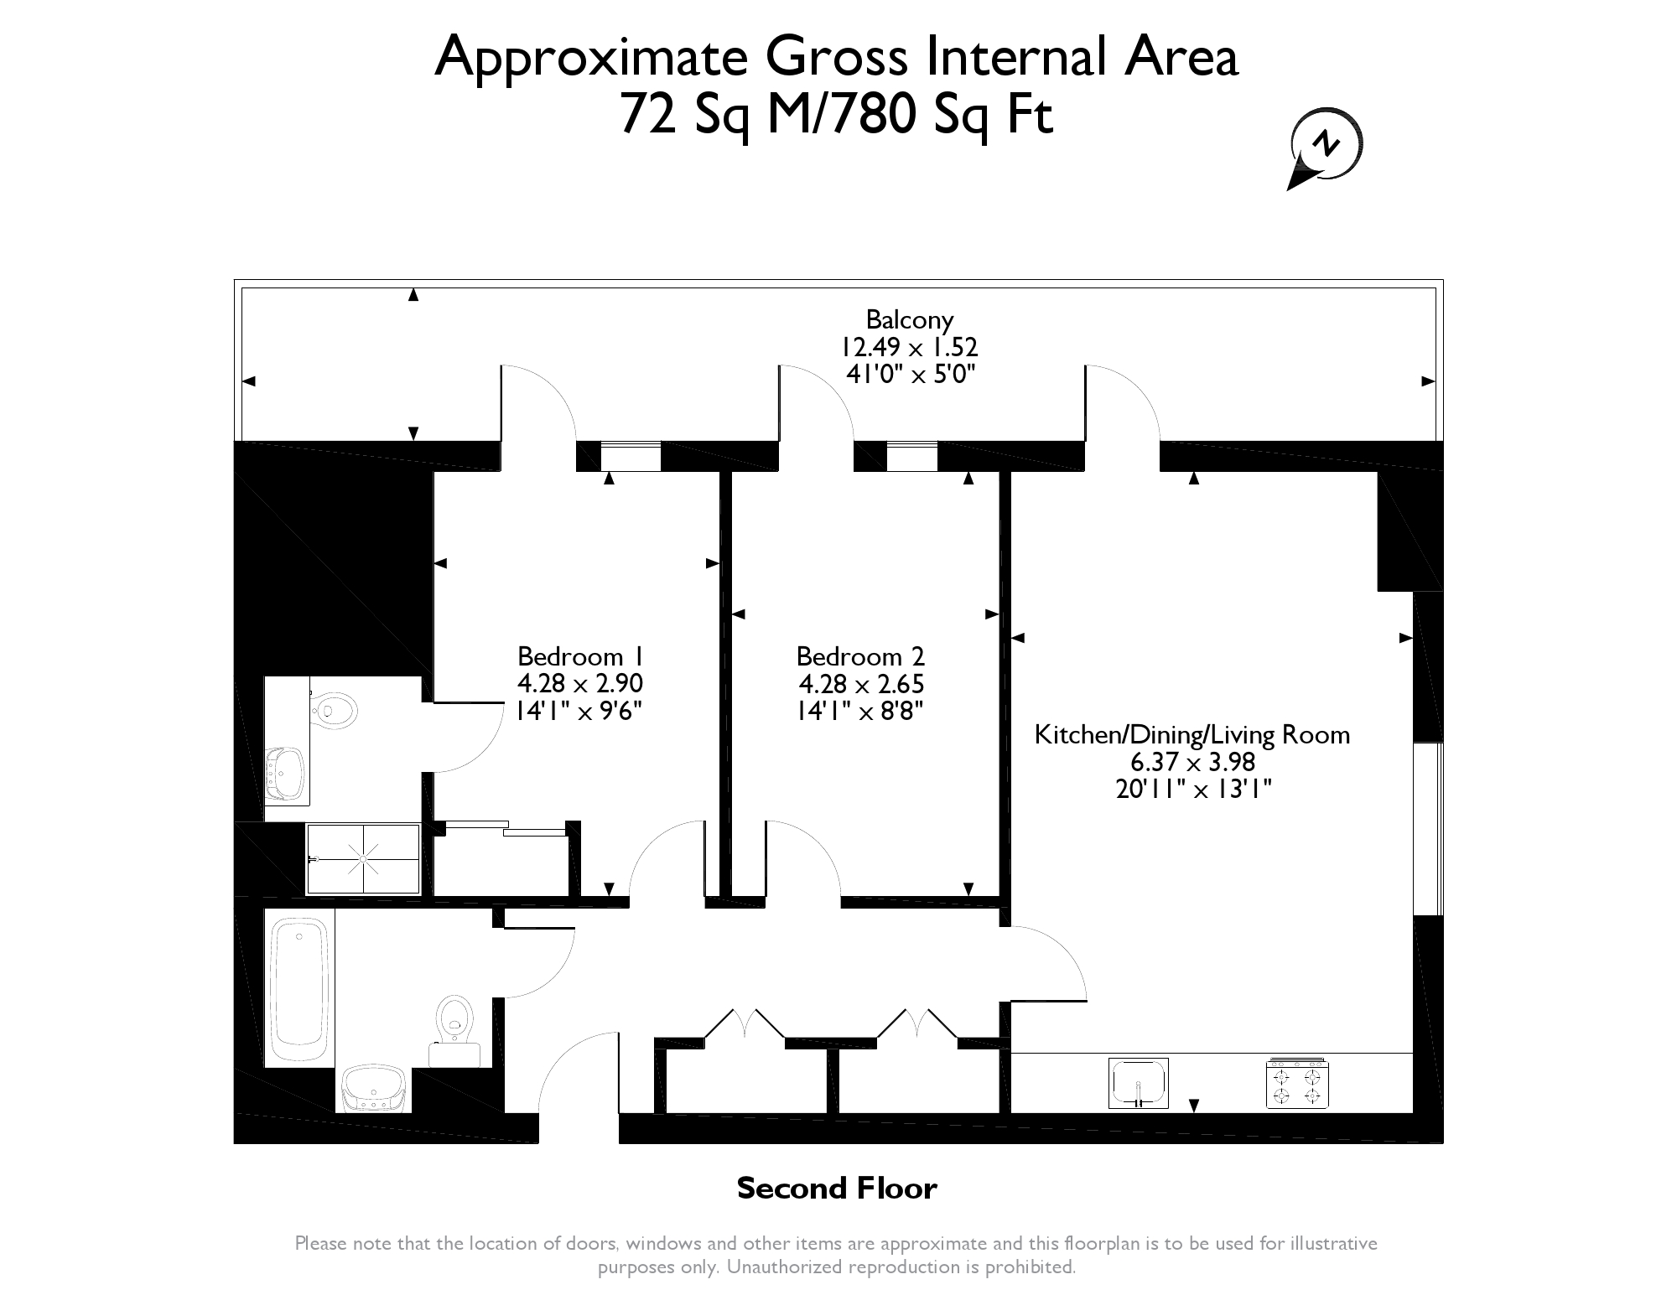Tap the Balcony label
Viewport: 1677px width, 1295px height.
[910, 320]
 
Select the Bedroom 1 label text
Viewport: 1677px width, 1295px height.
[581, 655]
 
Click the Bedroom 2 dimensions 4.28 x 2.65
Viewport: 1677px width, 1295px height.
[861, 684]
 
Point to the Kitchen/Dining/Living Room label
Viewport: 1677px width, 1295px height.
[1192, 735]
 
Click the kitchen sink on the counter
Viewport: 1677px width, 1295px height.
[1138, 1083]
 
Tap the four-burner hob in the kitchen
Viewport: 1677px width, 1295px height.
[1297, 1083]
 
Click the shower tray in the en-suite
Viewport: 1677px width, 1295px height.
[363, 859]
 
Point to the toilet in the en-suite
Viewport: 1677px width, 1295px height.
[335, 710]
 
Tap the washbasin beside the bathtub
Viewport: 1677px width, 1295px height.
[374, 1088]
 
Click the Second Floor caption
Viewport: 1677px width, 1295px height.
[837, 1188]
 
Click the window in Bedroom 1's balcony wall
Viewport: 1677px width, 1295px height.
[631, 456]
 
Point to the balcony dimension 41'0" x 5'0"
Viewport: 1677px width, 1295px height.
[911, 374]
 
